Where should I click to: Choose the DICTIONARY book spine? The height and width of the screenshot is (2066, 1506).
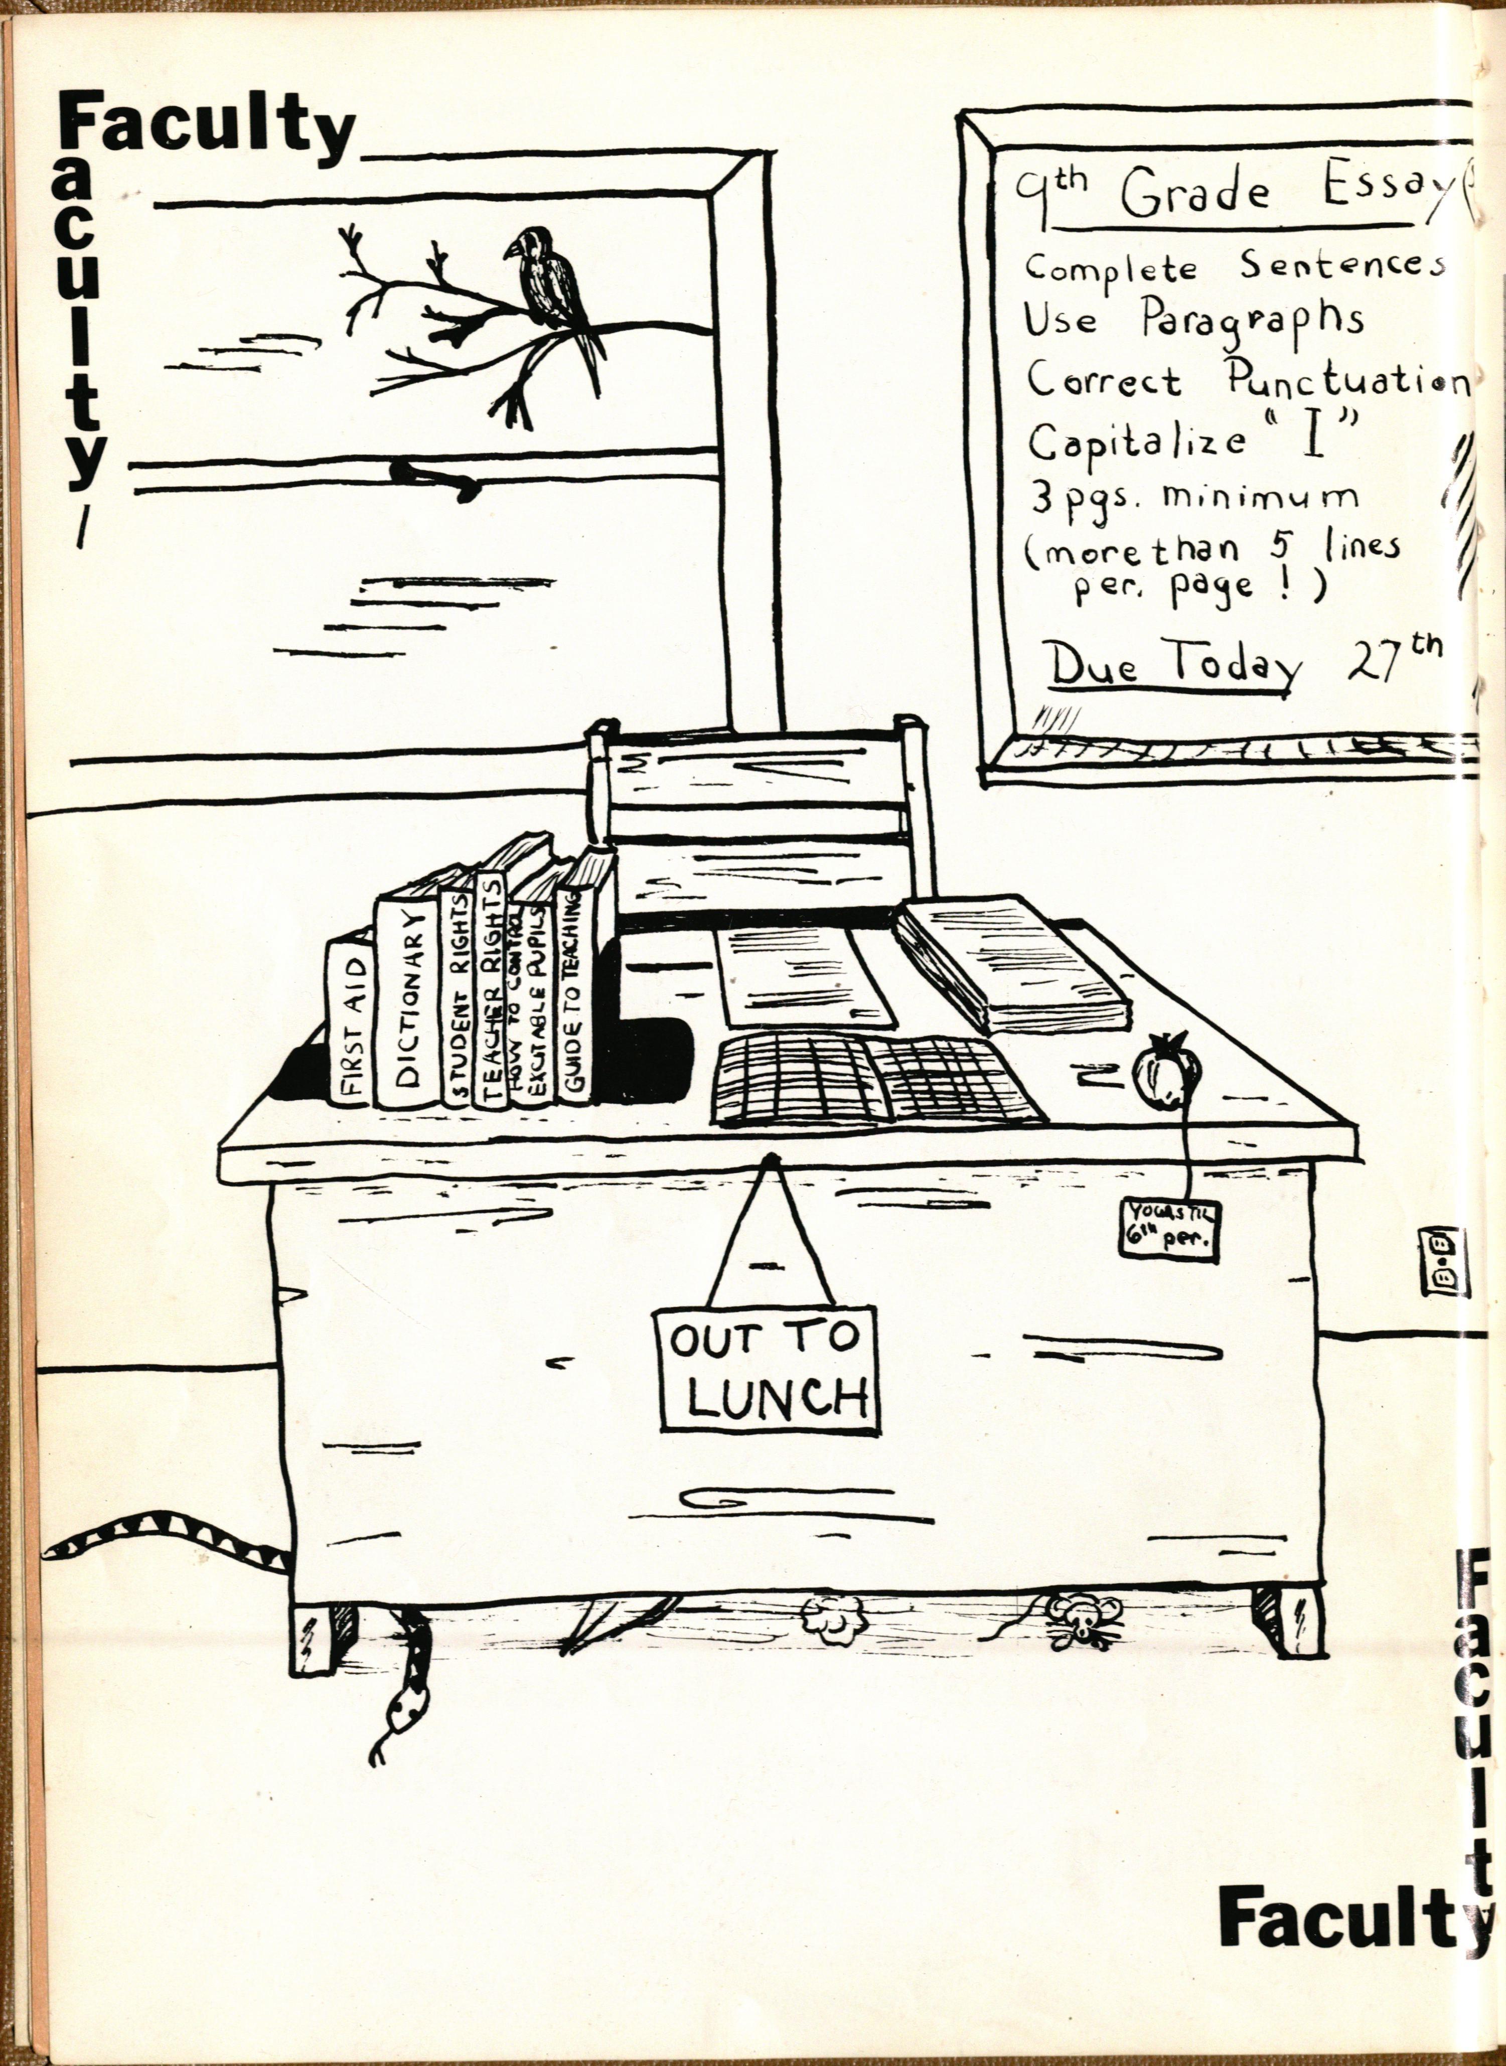point(406,1003)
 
